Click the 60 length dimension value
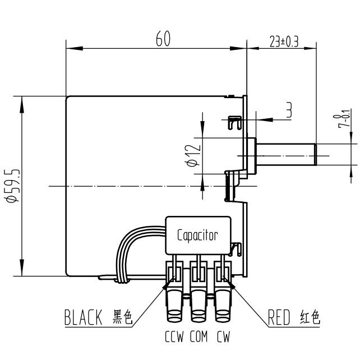coord(163,39)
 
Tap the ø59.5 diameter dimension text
coord(11,185)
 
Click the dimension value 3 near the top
coord(288,110)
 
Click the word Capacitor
coord(197,235)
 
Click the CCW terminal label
coord(175,338)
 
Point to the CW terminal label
coord(223,338)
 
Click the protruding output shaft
coord(286,153)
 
